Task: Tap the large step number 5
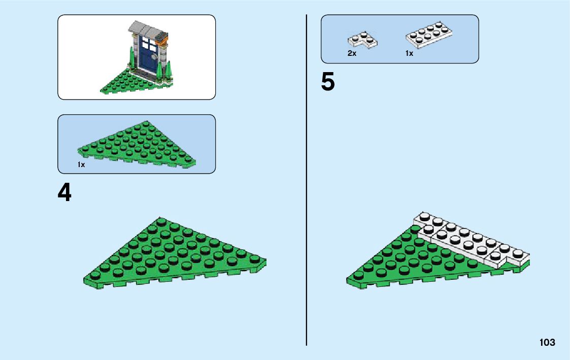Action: [x=328, y=82]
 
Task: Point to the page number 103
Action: [x=547, y=342]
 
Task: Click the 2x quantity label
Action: [x=352, y=53]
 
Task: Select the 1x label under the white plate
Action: [x=409, y=53]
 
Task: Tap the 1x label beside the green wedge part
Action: [x=81, y=165]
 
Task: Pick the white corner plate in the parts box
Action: [x=363, y=39]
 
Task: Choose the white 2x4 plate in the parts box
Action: [x=429, y=35]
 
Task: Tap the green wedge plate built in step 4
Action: [x=173, y=254]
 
